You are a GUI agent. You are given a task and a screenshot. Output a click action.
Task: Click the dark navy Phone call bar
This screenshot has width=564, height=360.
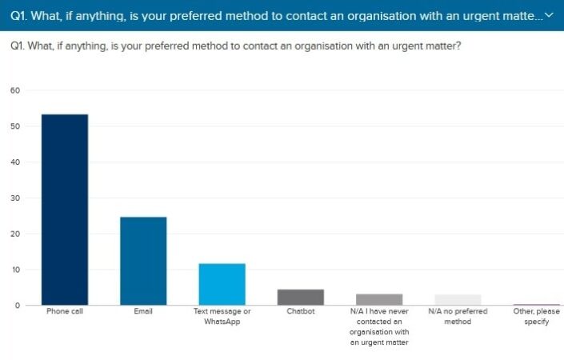[x=65, y=210]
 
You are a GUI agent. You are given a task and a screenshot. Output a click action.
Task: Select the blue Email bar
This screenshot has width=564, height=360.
[x=143, y=261]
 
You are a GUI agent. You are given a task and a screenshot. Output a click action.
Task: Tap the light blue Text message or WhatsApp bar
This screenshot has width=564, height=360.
[x=222, y=284]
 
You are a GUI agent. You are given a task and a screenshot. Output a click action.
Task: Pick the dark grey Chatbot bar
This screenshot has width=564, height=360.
[x=300, y=297]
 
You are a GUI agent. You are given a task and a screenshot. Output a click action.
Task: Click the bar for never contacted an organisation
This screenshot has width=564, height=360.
[x=379, y=299]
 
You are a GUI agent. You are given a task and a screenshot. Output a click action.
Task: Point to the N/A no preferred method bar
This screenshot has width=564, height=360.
[x=458, y=299]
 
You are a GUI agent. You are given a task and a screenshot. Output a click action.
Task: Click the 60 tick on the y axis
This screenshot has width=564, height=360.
[x=14, y=90]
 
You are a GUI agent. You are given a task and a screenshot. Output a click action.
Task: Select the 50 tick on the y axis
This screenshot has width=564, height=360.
[x=14, y=126]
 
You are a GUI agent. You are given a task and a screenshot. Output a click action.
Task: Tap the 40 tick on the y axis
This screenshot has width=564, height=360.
[x=14, y=162]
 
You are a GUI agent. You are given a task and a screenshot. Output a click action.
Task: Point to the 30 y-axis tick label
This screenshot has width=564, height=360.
[x=14, y=198]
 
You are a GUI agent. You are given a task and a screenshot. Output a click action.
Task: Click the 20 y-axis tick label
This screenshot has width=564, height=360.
[x=14, y=234]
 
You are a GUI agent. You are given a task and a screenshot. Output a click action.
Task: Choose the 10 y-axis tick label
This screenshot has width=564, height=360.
[x=14, y=270]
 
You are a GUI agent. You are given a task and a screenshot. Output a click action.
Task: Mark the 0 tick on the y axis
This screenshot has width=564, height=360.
[x=17, y=306]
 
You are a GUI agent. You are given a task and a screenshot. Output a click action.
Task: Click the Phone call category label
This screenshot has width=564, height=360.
[x=65, y=311]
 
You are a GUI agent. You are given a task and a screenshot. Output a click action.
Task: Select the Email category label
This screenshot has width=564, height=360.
[x=143, y=311]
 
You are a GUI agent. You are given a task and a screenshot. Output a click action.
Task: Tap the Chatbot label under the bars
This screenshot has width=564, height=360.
[x=300, y=311]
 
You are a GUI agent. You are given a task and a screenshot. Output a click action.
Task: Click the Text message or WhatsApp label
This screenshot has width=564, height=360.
[x=222, y=316]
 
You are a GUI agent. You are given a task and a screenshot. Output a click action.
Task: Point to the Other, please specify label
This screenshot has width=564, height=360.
[x=536, y=316]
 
